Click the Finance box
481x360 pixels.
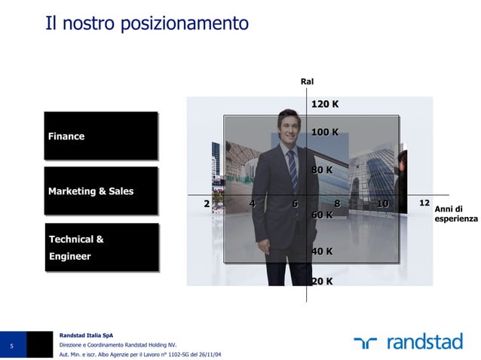pyautogui.click(x=100, y=136)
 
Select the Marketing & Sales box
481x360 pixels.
pyautogui.click(x=100, y=191)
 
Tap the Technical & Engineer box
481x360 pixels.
pyautogui.click(x=102, y=247)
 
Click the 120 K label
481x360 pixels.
pyautogui.click(x=325, y=104)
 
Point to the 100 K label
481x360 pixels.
pyautogui.click(x=325, y=133)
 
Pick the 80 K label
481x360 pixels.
pyautogui.click(x=322, y=170)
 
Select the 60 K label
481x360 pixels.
pyautogui.click(x=322, y=215)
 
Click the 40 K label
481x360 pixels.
pyautogui.click(x=322, y=251)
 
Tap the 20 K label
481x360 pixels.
pyautogui.click(x=322, y=282)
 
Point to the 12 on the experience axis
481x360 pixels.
pyautogui.click(x=424, y=203)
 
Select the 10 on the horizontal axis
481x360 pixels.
pyautogui.click(x=383, y=203)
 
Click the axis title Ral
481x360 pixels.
pyautogui.click(x=307, y=81)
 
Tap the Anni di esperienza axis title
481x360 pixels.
pyautogui.click(x=455, y=214)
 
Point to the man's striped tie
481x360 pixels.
pyautogui.click(x=292, y=169)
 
